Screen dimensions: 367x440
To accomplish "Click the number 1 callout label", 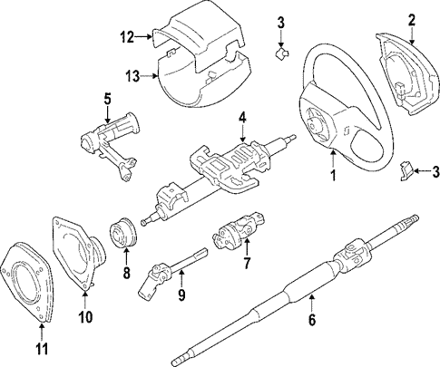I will [x=333, y=177].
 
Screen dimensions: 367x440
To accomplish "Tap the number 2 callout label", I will [x=411, y=19].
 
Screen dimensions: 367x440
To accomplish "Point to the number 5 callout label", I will [x=106, y=99].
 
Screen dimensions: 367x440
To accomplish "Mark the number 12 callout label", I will [x=126, y=37].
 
